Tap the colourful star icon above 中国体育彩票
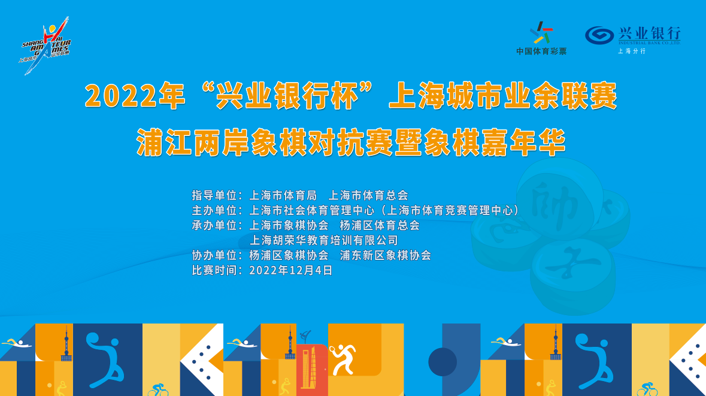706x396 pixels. (541, 33)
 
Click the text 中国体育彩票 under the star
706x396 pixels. (541, 52)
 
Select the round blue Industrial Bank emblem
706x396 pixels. (599, 35)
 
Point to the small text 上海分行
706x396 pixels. (632, 52)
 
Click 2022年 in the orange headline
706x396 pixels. (135, 96)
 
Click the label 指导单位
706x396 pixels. (214, 195)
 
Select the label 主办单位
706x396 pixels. (214, 210)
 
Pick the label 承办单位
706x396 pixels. (214, 225)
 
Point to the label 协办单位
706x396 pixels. (214, 255)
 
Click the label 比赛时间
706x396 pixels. (214, 270)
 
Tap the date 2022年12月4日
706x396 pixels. (291, 270)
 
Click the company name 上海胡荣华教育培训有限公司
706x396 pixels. (324, 240)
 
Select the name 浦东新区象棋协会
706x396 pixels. (386, 255)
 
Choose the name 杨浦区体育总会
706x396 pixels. (380, 225)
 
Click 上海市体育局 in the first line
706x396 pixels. (283, 195)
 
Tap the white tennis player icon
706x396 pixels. (343, 359)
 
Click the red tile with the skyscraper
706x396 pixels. (312, 370)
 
